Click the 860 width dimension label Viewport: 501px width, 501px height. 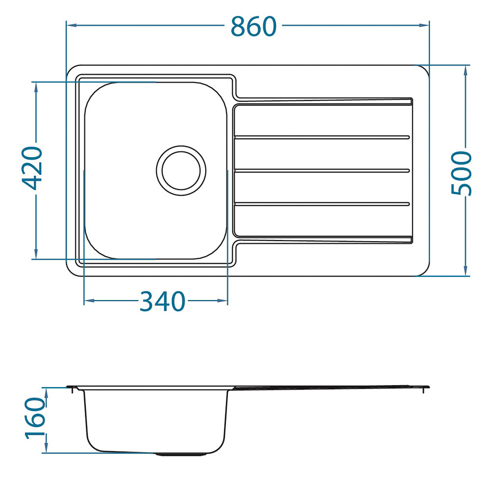[253, 27]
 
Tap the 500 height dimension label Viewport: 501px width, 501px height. [461, 173]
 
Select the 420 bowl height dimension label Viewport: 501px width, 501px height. [32, 168]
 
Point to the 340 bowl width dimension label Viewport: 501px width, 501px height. [162, 301]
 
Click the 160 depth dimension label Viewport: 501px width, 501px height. [35, 418]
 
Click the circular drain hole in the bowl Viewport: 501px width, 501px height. [181, 170]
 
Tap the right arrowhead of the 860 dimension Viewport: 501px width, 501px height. [424, 25]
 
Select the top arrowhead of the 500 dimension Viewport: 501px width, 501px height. [466, 71]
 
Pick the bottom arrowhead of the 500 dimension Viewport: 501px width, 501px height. [466, 271]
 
